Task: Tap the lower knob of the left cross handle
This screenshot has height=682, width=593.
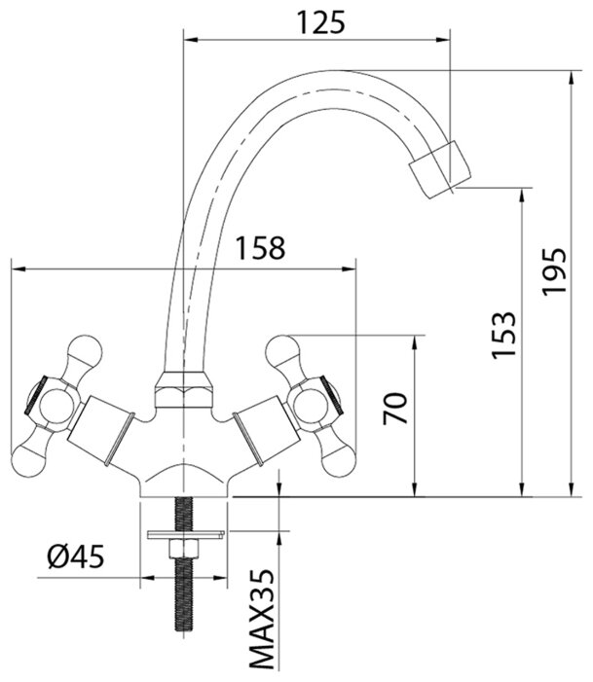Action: pos(34,455)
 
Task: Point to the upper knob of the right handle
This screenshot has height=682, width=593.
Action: pos(285,348)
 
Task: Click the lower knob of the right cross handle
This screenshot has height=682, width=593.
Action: pos(333,456)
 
